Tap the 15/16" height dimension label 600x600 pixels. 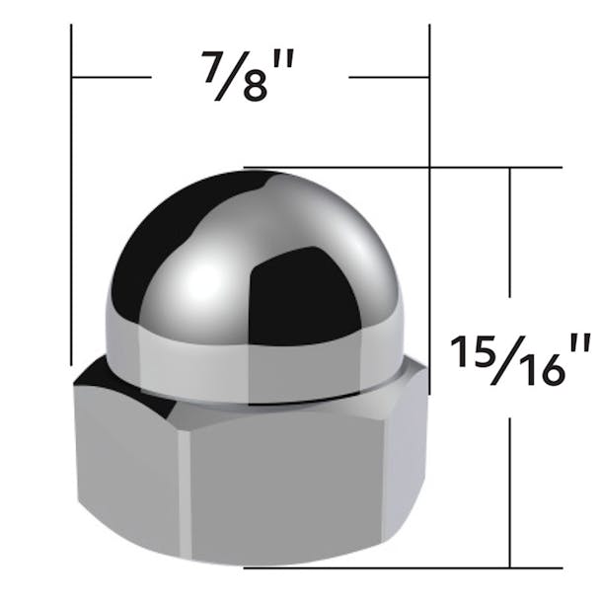[x=521, y=357]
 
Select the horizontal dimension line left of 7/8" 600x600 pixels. [x=112, y=76]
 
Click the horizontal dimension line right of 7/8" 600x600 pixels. [x=389, y=76]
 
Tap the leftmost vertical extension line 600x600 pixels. [x=72, y=197]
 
